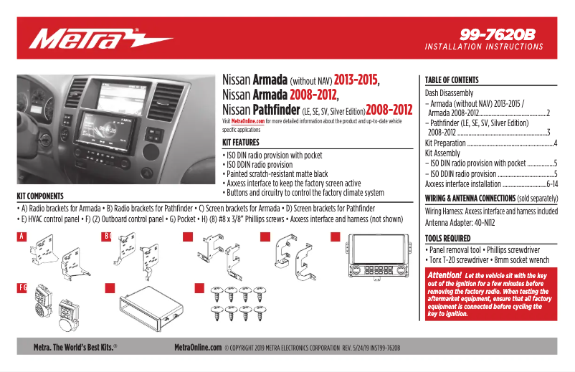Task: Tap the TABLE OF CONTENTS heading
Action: tap(451, 80)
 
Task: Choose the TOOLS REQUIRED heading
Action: tap(447, 239)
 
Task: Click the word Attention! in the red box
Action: tap(444, 275)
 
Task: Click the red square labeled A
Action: tap(22, 237)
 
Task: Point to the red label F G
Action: tap(22, 287)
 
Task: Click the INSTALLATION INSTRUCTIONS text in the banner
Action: tap(484, 47)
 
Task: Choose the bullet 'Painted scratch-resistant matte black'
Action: tap(276, 173)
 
